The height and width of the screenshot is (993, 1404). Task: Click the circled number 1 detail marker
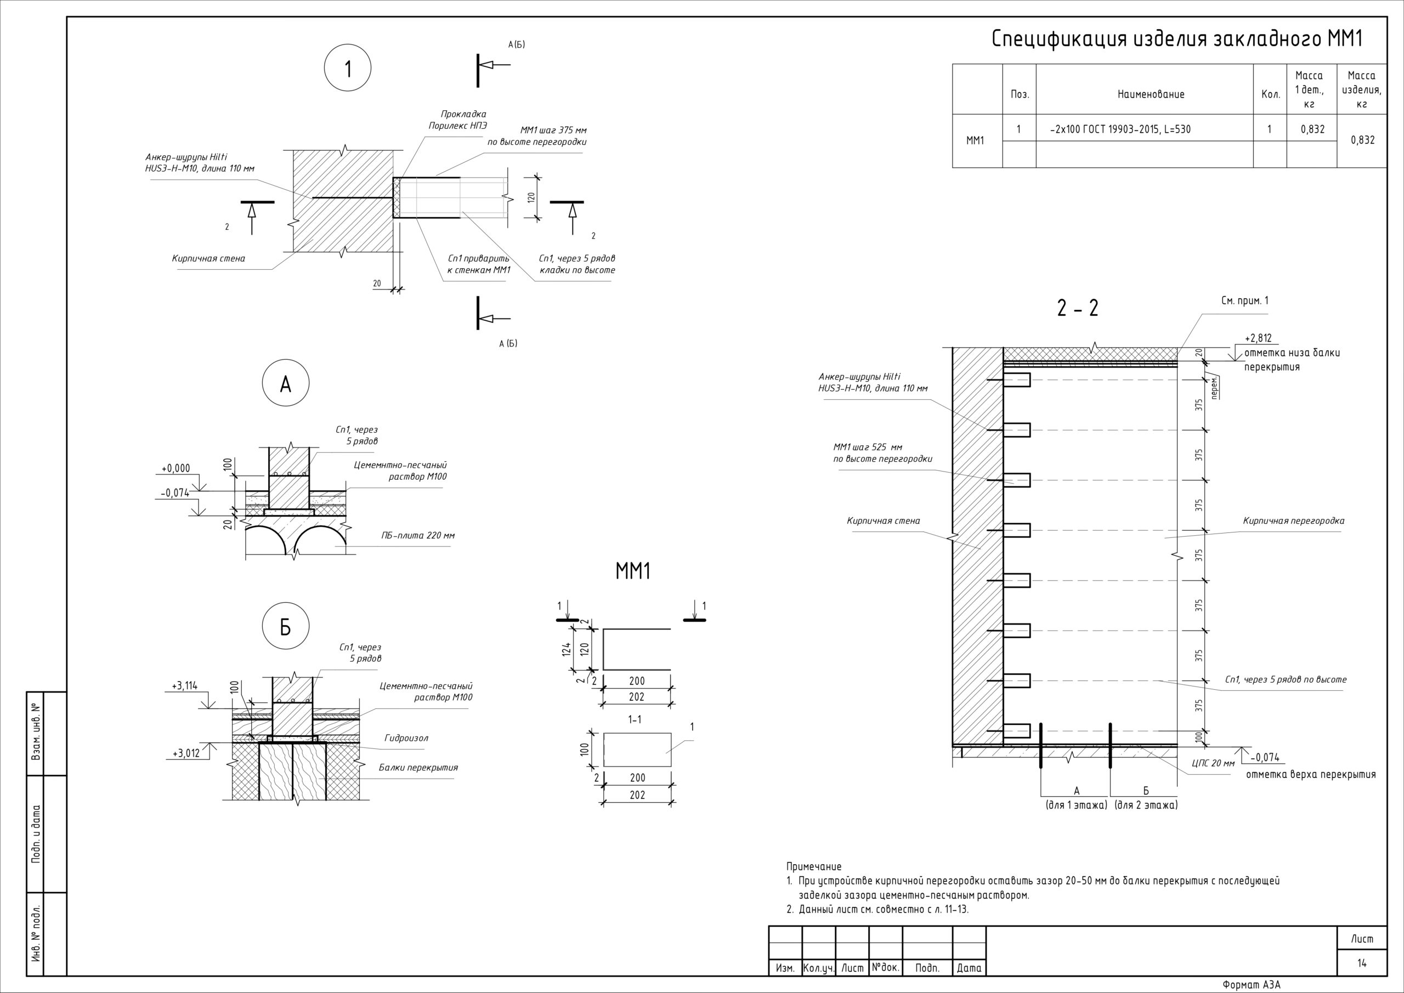coord(347,69)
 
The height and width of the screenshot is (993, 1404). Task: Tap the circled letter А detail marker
coord(286,383)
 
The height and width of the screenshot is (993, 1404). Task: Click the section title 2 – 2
coord(1078,308)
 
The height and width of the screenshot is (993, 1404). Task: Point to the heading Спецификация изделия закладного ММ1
coord(1176,38)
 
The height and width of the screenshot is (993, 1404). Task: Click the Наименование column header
coord(1151,94)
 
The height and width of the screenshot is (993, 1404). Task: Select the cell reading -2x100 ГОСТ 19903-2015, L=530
coord(1120,129)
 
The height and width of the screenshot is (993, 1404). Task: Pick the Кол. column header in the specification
coord(1271,94)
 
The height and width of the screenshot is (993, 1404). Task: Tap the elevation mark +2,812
coord(1258,338)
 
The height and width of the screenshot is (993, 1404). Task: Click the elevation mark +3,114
coord(184,686)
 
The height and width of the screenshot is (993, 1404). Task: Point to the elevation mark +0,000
coord(175,468)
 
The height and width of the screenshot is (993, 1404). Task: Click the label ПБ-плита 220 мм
coord(418,536)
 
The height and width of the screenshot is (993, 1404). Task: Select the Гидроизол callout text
coord(406,738)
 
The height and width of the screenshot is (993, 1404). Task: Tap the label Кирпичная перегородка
coord(1293,521)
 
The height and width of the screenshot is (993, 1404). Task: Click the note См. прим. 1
coord(1244,301)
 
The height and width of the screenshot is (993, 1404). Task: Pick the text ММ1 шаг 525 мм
coord(868,447)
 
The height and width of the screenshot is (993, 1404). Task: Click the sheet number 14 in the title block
coord(1362,963)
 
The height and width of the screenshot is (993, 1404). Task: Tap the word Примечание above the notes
coord(814,866)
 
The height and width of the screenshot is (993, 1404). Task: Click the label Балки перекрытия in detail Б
coord(418,768)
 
